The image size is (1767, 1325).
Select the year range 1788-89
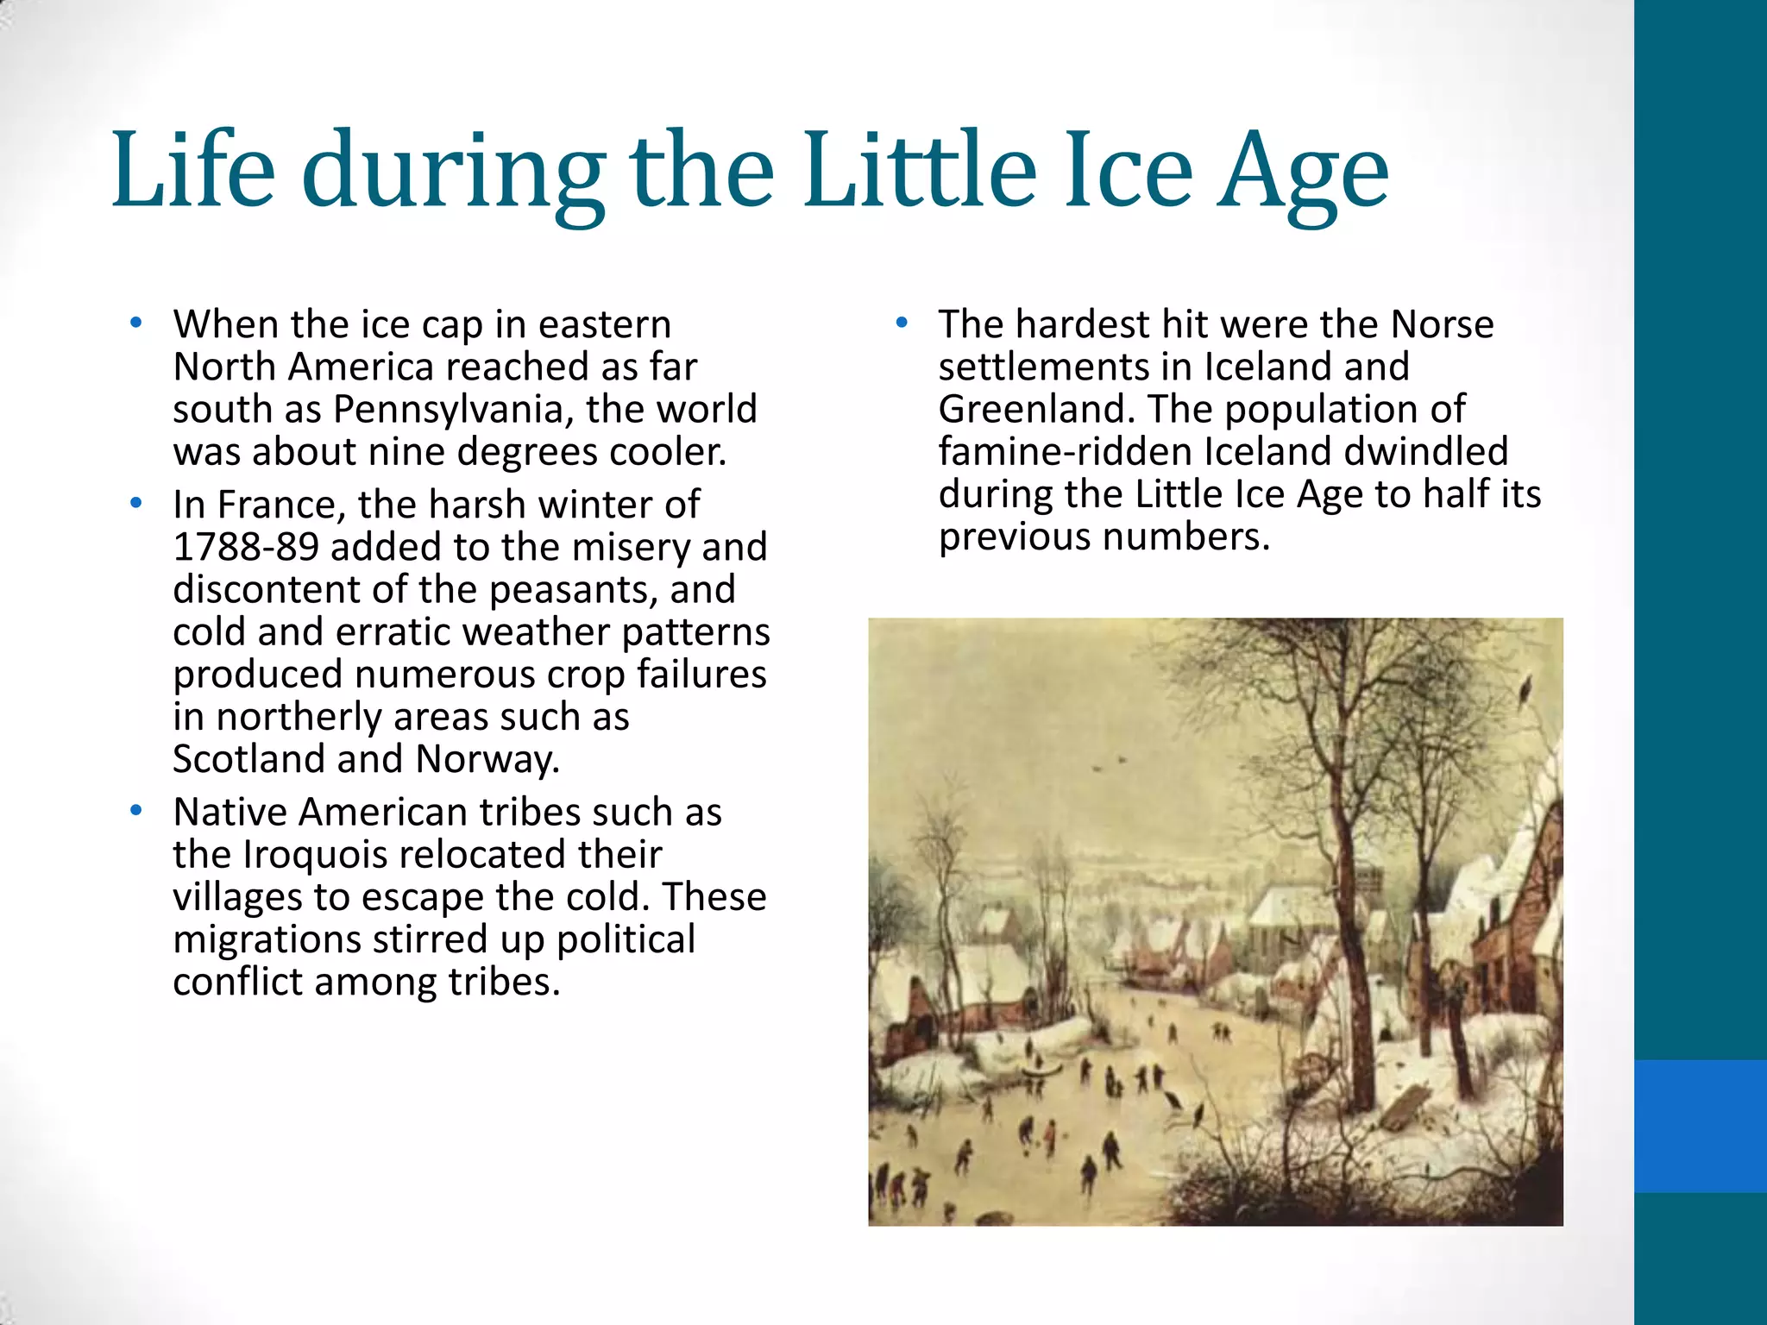click(245, 547)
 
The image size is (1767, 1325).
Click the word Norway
click(487, 759)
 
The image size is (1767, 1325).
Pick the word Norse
click(1442, 325)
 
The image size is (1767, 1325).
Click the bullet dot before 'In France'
click(135, 503)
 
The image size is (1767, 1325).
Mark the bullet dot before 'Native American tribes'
click(135, 811)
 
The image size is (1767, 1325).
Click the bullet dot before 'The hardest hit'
click(902, 323)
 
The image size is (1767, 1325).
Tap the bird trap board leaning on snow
click(1403, 1107)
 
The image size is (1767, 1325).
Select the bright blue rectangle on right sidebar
click(1700, 1126)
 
